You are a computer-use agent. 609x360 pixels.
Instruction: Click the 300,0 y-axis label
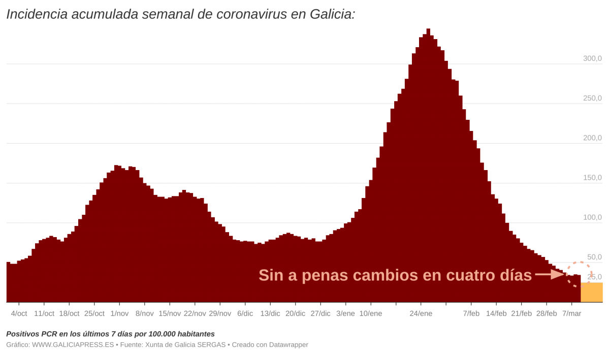tap(592, 58)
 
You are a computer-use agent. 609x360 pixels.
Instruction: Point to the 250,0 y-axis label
tap(592, 98)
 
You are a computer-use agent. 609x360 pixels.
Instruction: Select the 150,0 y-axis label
tap(592, 178)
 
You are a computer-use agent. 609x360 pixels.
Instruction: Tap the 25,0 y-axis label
tap(594, 277)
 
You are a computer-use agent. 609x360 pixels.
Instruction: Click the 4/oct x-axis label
tap(19, 313)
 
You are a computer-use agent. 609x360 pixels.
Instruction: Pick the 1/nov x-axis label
tap(119, 313)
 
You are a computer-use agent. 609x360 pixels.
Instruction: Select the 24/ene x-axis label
tap(421, 313)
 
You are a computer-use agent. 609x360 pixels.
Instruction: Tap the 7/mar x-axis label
tap(571, 313)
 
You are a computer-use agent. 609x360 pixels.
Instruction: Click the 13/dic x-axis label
tap(270, 313)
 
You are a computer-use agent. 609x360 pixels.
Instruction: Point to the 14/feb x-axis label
tap(496, 313)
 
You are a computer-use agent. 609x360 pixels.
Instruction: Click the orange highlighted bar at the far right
tap(591, 292)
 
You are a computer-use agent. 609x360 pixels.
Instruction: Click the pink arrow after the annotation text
tap(550, 275)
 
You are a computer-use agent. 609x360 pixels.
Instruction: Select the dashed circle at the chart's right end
tap(579, 274)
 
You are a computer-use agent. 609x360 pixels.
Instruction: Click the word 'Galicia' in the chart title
tap(330, 14)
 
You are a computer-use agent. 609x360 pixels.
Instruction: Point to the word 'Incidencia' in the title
tap(37, 14)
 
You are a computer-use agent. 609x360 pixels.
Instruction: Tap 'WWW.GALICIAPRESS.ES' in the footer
tap(73, 345)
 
